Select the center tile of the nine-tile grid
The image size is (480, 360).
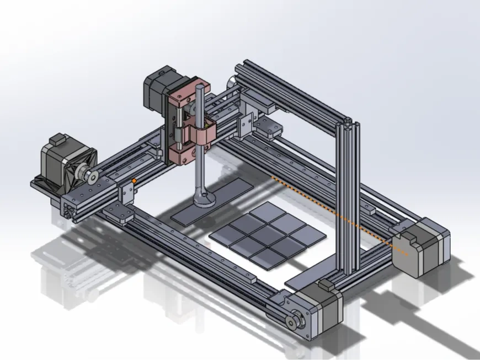(267, 232)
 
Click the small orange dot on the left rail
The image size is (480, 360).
(134, 180)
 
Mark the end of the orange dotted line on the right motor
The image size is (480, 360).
(408, 253)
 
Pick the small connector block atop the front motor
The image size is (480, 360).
(324, 285)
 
